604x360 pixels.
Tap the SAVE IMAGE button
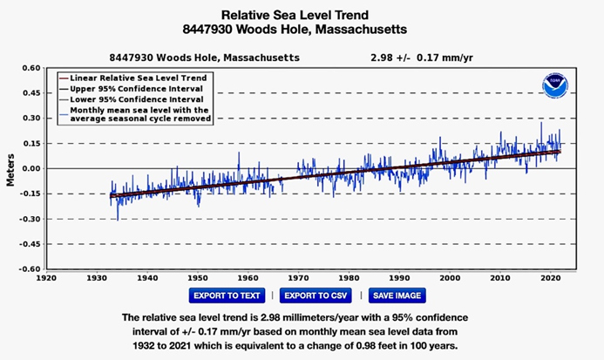(397, 295)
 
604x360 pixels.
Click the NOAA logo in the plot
(554, 85)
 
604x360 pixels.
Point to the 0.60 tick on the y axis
(31, 68)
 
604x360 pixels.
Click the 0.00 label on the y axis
(31, 168)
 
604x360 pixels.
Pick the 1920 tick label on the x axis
(46, 278)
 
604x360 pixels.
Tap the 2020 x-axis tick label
(551, 278)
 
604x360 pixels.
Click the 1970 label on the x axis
(298, 278)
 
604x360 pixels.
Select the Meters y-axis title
(10, 169)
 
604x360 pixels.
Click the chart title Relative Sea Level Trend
(302, 16)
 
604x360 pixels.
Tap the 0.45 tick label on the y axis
(31, 93)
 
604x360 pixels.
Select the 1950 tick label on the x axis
(198, 278)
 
